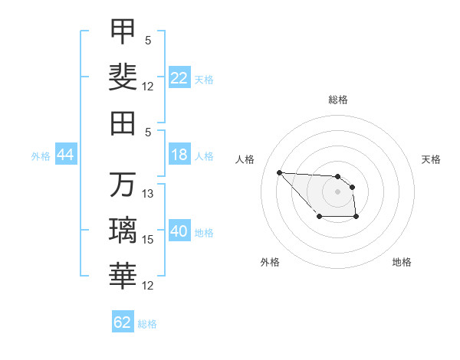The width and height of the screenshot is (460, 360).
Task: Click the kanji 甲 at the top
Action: (x=123, y=31)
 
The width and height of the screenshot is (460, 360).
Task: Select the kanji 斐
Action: (x=123, y=77)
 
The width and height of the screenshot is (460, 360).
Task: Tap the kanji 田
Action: (x=123, y=123)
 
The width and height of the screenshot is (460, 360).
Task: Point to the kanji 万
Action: (x=123, y=184)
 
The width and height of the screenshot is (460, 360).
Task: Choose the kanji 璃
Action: (x=123, y=230)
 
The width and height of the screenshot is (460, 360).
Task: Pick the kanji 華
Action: (x=123, y=276)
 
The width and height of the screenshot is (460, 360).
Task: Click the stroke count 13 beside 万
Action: (x=147, y=194)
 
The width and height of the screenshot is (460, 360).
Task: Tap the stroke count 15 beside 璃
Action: (x=147, y=240)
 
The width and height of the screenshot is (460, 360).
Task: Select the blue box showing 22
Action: (x=179, y=77)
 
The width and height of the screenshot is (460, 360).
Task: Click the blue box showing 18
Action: (x=179, y=154)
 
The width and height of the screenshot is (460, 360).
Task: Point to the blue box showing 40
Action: (x=179, y=230)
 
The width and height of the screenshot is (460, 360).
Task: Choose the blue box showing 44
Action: (x=66, y=154)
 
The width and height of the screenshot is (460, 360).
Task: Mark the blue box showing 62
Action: (x=123, y=321)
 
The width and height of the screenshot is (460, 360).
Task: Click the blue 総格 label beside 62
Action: (x=147, y=324)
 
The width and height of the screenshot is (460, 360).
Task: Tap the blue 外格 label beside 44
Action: (x=41, y=156)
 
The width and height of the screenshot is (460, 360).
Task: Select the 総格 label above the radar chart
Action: (x=338, y=100)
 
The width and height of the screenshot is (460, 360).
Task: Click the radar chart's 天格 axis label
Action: (x=431, y=159)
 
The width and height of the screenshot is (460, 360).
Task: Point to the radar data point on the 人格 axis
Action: (x=280, y=172)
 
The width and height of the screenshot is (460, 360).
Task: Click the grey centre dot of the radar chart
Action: (x=337, y=191)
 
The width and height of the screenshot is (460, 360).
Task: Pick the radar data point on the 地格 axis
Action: (x=356, y=216)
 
